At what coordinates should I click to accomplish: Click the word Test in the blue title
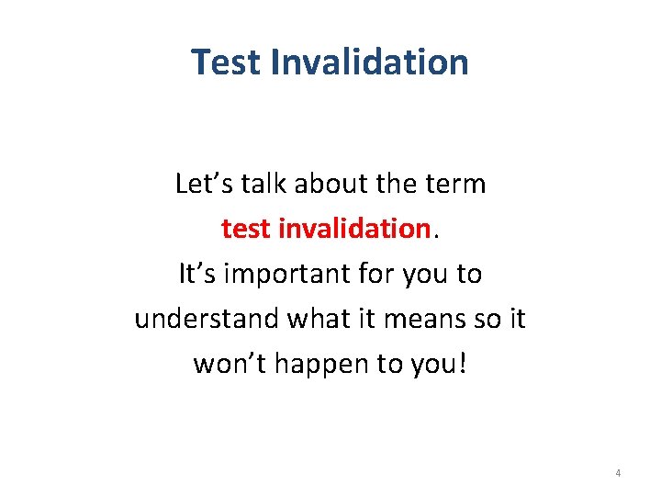[225, 62]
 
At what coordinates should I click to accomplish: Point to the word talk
[265, 185]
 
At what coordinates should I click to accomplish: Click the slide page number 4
[617, 474]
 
